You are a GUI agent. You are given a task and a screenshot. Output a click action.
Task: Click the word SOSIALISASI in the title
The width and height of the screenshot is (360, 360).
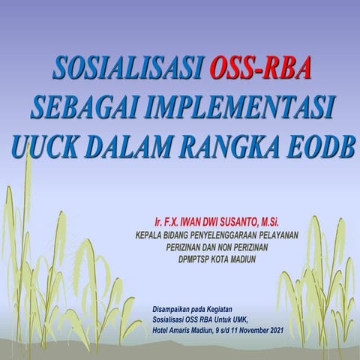click(128, 68)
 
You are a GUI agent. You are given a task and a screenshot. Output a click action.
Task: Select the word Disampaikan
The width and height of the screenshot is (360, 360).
click(173, 307)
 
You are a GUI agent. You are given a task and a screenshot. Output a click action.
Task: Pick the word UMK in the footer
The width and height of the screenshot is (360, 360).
click(252, 318)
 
